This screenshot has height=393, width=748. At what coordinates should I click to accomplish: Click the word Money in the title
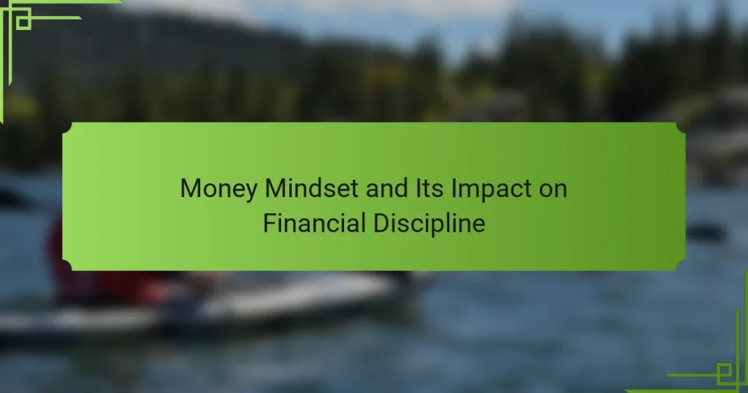point(218,189)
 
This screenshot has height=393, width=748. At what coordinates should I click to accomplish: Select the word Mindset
point(311,188)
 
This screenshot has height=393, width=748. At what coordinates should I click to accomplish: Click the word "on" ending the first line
point(553,191)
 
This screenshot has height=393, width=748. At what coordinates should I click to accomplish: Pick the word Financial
point(314,223)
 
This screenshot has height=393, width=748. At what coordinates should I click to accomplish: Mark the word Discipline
point(430,224)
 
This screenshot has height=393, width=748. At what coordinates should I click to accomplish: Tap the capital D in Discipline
point(381,224)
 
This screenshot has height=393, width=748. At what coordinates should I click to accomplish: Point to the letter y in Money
point(251,191)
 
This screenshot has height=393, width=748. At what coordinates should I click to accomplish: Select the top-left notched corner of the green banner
point(67,127)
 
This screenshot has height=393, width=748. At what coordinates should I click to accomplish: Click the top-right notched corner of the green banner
point(681,127)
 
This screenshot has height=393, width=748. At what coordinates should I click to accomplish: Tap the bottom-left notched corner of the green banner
point(67,266)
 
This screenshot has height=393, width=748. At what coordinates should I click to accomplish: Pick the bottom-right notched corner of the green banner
point(681,266)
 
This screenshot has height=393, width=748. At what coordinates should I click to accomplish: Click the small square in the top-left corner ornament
point(23,21)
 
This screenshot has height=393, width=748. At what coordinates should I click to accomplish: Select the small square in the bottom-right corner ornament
point(724,370)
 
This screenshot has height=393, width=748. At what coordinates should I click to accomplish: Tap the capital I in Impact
point(454,188)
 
